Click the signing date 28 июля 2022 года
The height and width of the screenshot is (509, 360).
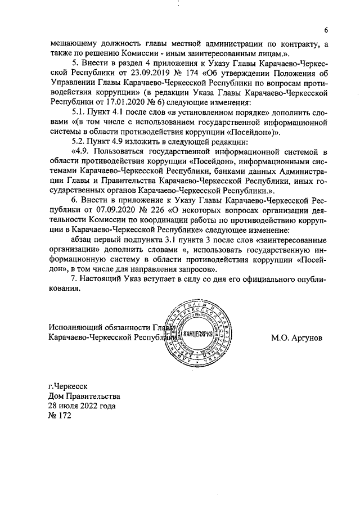point(82,406)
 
